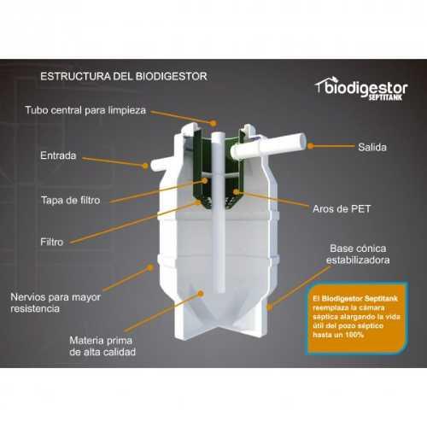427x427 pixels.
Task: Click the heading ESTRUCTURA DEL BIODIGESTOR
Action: click(124, 77)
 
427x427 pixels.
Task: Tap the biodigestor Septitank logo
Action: click(361, 88)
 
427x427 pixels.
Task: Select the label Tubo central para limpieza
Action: click(85, 110)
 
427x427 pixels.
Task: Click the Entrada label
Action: click(58, 155)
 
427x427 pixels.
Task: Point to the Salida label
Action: click(372, 147)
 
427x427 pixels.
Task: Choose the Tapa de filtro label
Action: click(71, 200)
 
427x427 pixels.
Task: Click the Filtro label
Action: click(51, 242)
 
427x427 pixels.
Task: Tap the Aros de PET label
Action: click(342, 209)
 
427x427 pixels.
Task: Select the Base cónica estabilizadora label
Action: click(358, 254)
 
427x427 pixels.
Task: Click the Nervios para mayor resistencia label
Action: click(56, 302)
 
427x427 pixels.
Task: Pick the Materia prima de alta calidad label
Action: click(102, 346)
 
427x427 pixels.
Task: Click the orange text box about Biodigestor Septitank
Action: click(357, 319)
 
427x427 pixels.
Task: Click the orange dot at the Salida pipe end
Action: click(311, 146)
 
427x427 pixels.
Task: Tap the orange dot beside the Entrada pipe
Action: click(145, 166)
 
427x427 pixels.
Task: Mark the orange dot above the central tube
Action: click(213, 123)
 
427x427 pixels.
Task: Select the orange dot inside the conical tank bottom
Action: click(201, 294)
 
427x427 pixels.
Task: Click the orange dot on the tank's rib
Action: click(150, 267)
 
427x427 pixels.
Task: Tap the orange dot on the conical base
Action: click(269, 307)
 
